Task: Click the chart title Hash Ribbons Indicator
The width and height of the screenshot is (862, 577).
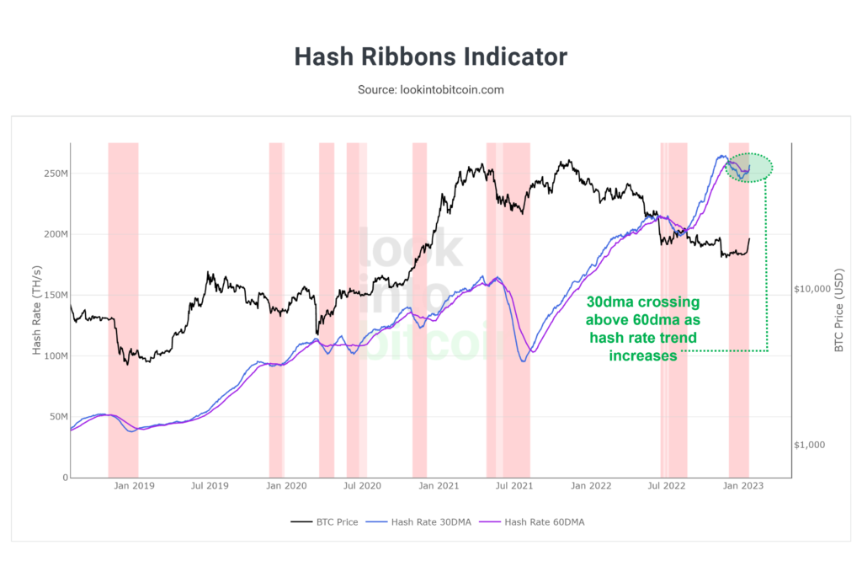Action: [430, 57]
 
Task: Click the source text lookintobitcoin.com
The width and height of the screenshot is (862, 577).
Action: [430, 89]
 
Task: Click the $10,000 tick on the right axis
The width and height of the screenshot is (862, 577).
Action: [812, 289]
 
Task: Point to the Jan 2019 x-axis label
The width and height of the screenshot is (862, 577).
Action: [133, 486]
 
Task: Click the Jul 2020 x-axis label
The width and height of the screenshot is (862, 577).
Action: [362, 486]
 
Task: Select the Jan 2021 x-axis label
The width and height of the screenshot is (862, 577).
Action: [438, 486]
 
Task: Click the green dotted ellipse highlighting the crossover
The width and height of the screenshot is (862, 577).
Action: [749, 167]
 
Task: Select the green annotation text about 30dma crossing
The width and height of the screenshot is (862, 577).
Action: [642, 329]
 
